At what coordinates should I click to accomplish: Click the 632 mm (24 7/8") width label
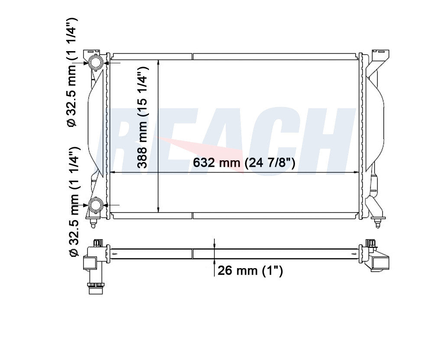coord(244,163)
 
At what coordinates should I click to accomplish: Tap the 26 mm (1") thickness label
coord(250,271)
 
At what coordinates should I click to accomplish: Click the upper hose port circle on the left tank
coord(96,63)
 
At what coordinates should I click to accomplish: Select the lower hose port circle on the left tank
coord(96,204)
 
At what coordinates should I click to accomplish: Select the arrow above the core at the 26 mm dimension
coord(214,244)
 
